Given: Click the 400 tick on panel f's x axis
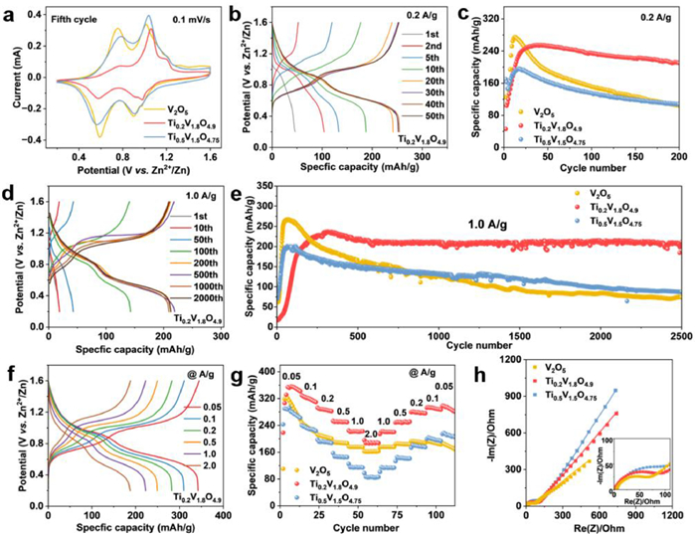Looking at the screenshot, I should pyautogui.click(x=225, y=505).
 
